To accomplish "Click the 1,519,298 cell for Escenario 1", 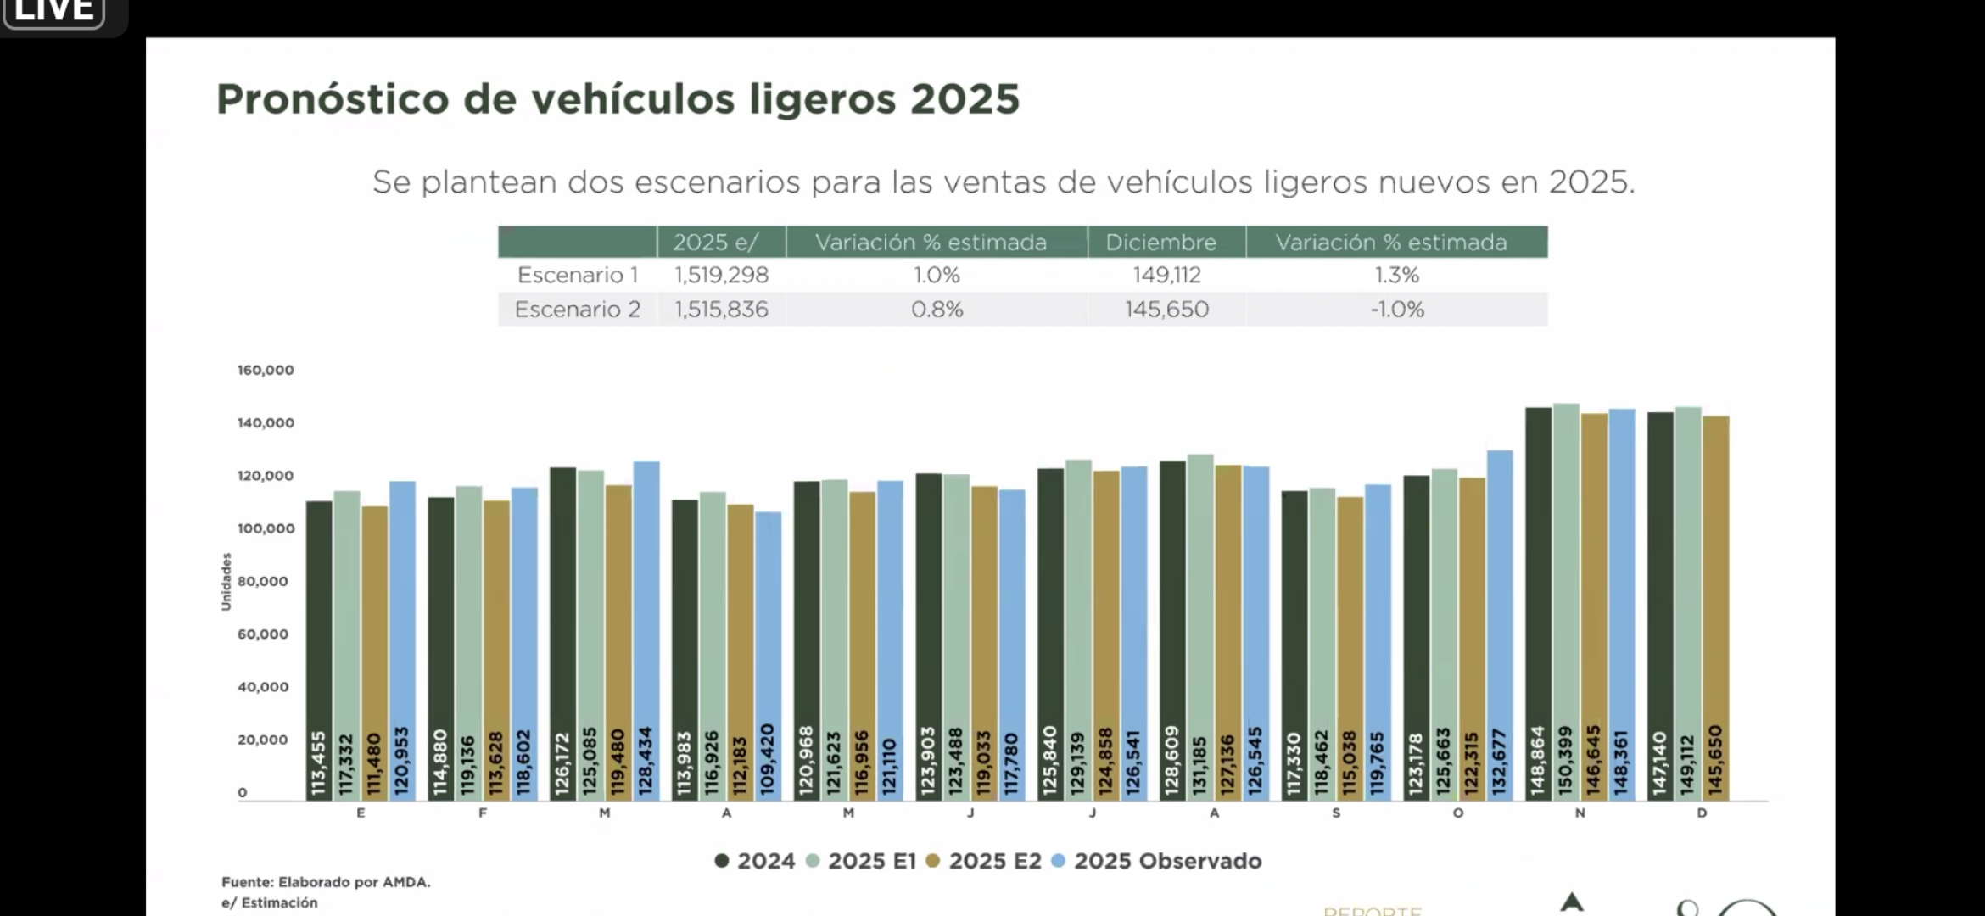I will [722, 275].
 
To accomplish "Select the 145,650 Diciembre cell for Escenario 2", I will [1166, 310].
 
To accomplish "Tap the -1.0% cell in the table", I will [1397, 310].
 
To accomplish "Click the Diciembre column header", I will [1160, 243].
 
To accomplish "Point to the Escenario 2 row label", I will [577, 310].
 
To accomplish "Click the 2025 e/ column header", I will [715, 243].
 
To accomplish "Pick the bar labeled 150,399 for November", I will [1566, 602].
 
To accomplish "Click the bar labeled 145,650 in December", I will [1715, 608].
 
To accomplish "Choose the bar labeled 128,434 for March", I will [646, 631].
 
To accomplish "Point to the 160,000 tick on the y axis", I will [266, 371].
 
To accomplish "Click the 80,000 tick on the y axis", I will [263, 582].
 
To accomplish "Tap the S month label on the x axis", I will [1336, 813].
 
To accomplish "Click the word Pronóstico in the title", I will [332, 99].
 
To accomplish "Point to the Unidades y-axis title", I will [226, 582].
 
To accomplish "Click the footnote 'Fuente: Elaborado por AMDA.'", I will [326, 882].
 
